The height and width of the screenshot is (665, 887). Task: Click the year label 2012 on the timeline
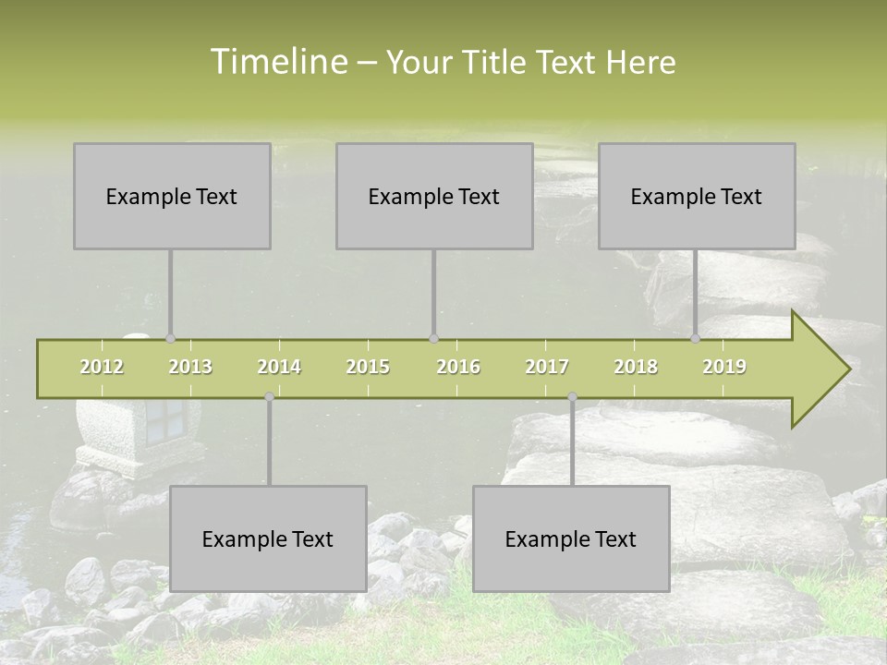click(x=102, y=367)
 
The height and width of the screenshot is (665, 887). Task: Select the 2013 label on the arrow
click(x=190, y=367)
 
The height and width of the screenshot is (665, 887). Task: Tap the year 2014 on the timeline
click(x=279, y=367)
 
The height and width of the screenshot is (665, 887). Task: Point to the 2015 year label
click(x=368, y=367)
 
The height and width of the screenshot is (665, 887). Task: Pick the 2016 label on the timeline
click(x=458, y=367)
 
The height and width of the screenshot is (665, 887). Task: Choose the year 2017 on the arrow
click(x=547, y=367)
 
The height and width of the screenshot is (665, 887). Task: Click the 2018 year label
click(x=636, y=367)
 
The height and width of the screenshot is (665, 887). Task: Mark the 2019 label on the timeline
click(x=724, y=367)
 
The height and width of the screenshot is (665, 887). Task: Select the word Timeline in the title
click(x=278, y=62)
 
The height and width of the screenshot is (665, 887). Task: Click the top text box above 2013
click(x=172, y=196)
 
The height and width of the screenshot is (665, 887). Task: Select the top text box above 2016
click(x=434, y=196)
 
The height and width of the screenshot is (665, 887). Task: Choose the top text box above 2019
click(x=697, y=196)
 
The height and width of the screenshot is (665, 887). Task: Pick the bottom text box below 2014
click(x=268, y=538)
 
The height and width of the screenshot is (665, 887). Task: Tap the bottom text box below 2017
click(x=571, y=538)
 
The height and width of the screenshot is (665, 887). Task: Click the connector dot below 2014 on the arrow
click(x=269, y=396)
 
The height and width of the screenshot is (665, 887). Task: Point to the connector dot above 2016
click(x=433, y=338)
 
